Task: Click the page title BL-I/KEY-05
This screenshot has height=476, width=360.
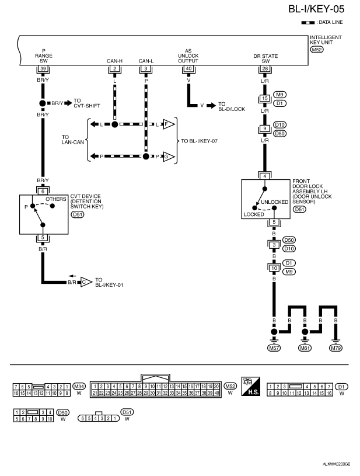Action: [x=316, y=9]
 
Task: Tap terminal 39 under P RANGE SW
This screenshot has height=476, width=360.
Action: [x=43, y=68]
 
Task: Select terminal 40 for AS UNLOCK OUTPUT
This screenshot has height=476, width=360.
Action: [x=188, y=68]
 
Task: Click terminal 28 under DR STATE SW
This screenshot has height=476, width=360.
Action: [x=265, y=68]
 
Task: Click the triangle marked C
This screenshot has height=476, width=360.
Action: [x=86, y=282]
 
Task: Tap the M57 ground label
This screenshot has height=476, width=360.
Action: [x=274, y=348]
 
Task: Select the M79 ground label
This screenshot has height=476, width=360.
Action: [x=335, y=348]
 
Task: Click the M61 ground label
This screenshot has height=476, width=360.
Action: [x=305, y=348]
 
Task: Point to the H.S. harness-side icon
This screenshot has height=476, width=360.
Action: [x=251, y=386]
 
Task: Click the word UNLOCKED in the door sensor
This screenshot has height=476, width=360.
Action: [x=274, y=202]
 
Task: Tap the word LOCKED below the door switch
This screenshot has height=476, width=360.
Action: [x=254, y=214]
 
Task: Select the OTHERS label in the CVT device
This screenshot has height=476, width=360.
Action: [x=56, y=199]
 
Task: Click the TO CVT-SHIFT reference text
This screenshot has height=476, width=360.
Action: [x=87, y=103]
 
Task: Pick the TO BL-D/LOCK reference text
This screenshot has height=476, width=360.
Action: [x=232, y=106]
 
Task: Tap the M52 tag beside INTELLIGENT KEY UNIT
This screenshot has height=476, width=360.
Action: [x=317, y=50]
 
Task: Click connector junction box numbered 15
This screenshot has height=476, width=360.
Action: [x=265, y=98]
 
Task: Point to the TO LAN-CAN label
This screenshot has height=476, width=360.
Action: [x=73, y=140]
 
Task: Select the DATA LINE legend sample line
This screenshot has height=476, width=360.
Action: [x=308, y=23]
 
